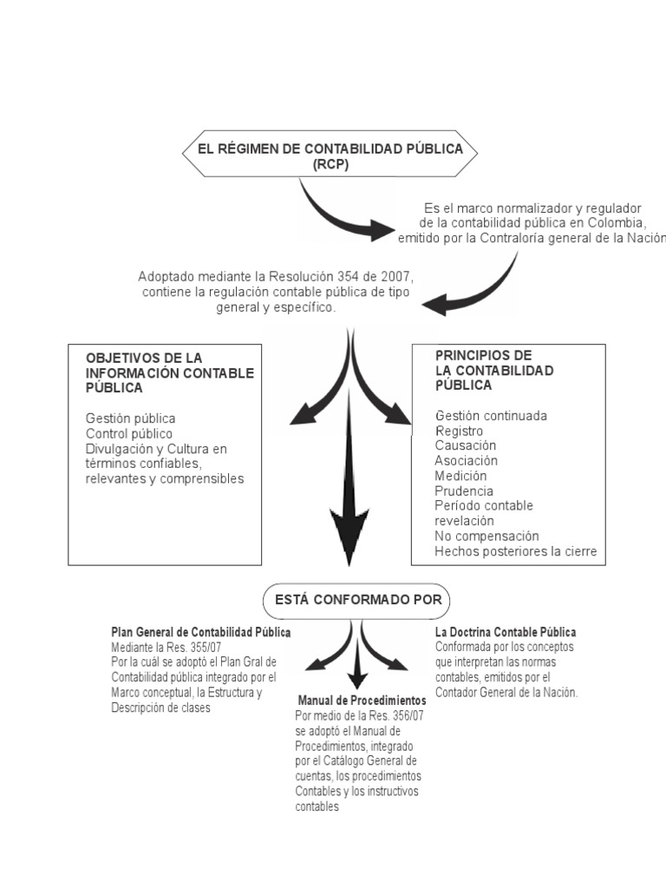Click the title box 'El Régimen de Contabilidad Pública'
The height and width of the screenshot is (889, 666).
click(330, 149)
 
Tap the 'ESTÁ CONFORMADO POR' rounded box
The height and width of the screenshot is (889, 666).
click(358, 599)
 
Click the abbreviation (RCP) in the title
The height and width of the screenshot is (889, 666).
click(330, 165)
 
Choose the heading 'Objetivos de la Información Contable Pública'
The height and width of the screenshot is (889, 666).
click(169, 372)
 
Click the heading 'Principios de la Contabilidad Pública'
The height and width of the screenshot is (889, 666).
click(493, 370)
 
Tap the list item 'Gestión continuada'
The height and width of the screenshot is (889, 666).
click(491, 416)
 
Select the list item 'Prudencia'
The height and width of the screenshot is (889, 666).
click(464, 491)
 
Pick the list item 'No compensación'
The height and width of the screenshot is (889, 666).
click(486, 536)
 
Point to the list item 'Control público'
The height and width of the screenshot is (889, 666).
click(129, 433)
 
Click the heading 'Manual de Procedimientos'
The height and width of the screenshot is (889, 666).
click(362, 700)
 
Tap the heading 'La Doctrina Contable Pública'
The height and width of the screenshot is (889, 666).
click(506, 632)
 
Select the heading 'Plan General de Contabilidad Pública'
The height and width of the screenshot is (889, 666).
click(201, 632)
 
